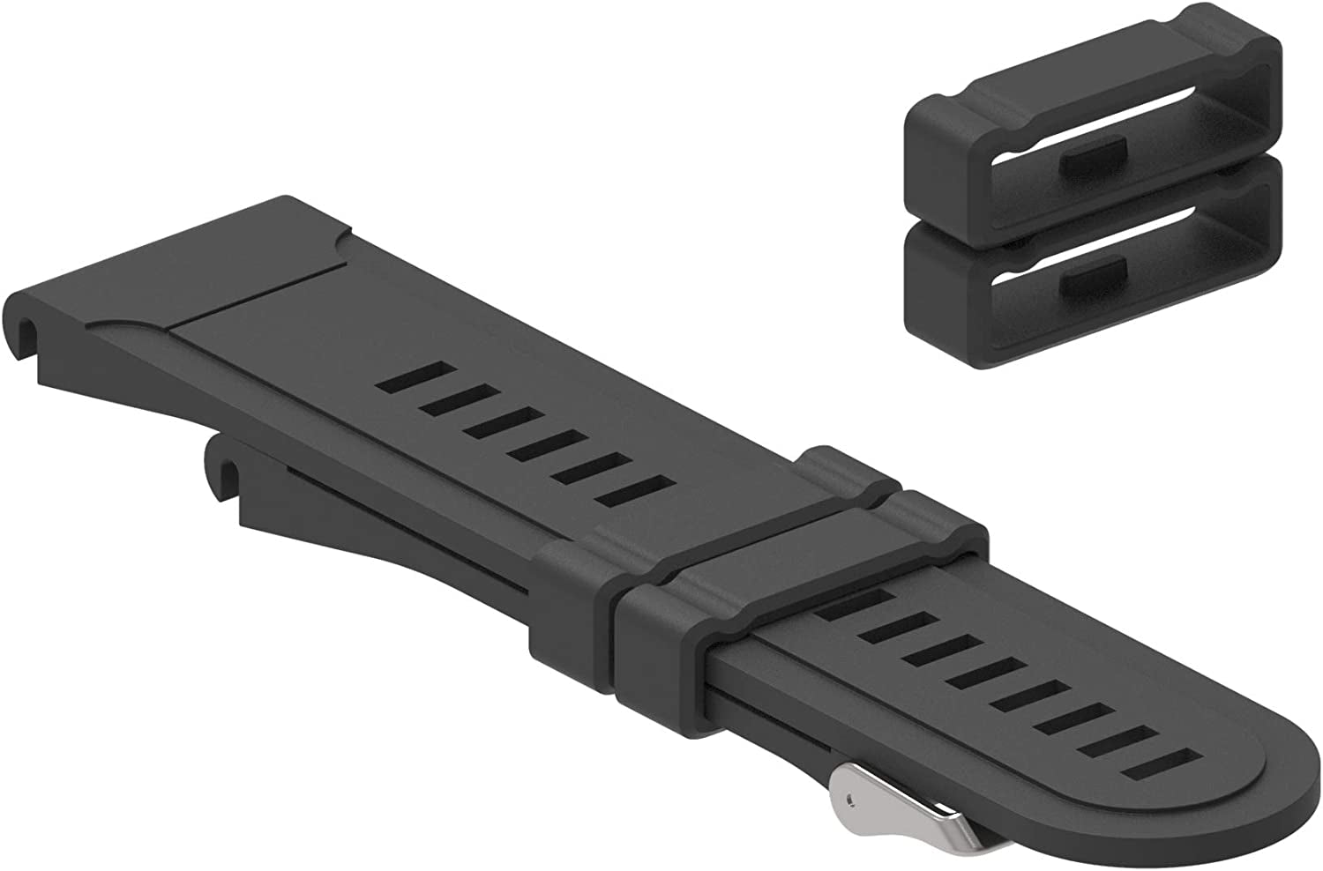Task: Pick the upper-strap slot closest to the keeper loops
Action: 635,488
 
